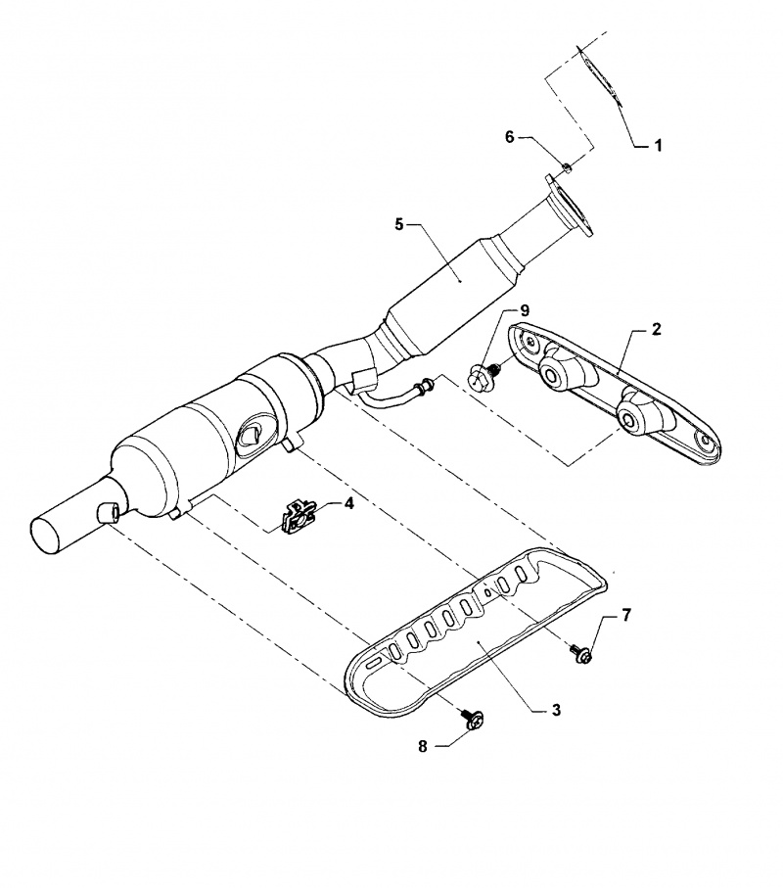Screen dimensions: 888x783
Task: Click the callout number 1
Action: click(659, 145)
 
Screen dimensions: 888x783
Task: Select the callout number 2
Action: click(657, 328)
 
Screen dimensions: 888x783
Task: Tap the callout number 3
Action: click(556, 711)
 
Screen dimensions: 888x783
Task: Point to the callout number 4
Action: click(347, 503)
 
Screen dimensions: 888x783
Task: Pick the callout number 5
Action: click(399, 224)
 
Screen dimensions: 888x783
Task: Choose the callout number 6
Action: click(509, 137)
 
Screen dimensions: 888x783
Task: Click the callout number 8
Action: click(424, 746)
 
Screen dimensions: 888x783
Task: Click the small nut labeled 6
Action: click(567, 168)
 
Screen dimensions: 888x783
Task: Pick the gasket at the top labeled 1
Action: click(600, 72)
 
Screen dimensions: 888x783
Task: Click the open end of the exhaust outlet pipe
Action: click(47, 533)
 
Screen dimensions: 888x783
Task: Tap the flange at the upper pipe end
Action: click(568, 207)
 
